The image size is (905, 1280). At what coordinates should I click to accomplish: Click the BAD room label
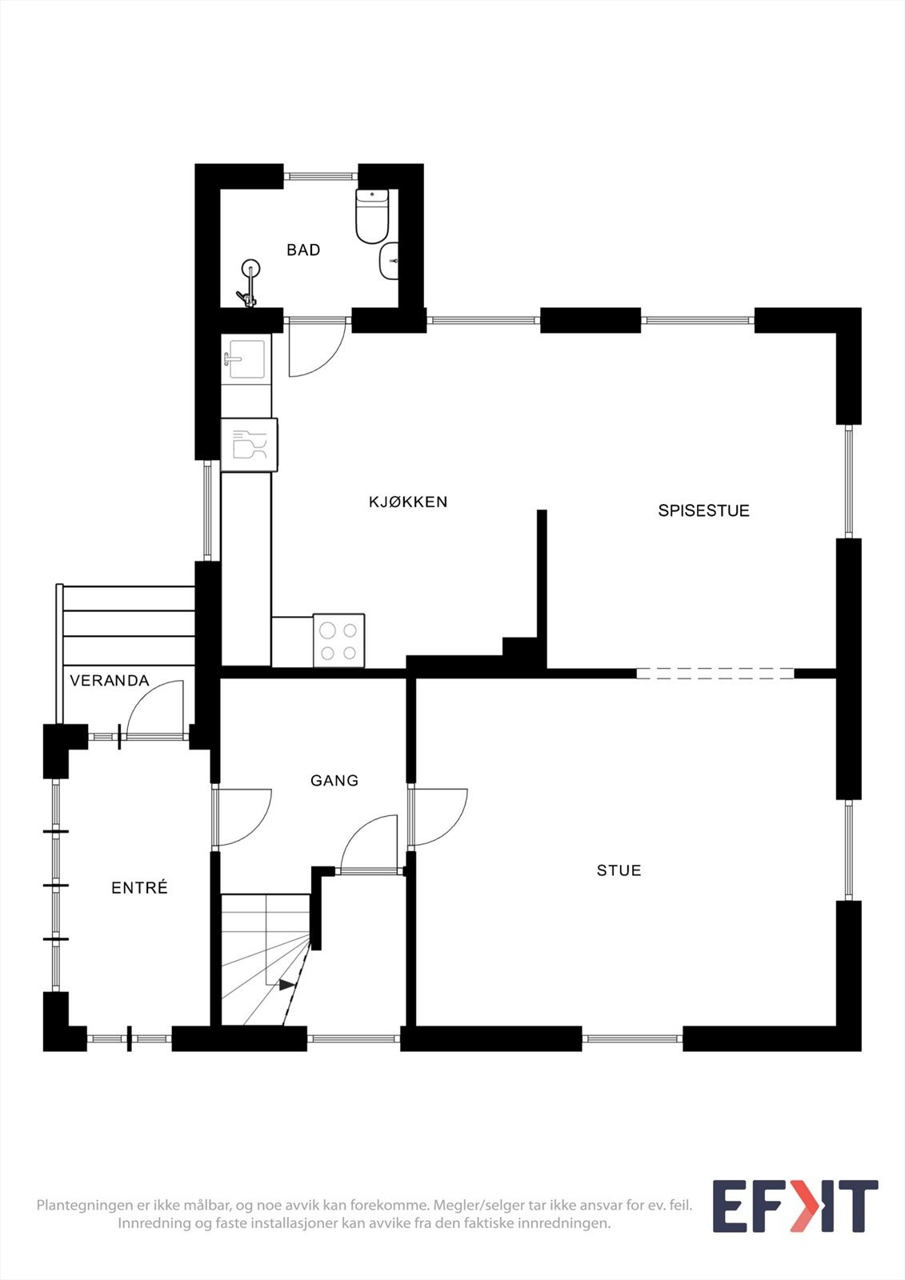click(x=303, y=250)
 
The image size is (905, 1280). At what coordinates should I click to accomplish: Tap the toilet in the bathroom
click(x=371, y=216)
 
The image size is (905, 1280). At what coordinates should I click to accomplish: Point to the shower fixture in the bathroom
click(x=250, y=285)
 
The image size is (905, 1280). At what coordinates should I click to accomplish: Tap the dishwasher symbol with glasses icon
click(x=249, y=445)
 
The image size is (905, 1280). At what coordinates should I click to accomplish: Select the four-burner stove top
click(x=338, y=641)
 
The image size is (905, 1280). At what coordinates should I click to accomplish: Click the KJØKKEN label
click(x=408, y=502)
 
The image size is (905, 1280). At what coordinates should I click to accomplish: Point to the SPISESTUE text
click(x=703, y=510)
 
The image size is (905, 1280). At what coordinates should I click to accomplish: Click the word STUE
click(x=619, y=870)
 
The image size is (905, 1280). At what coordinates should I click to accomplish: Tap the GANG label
click(x=334, y=780)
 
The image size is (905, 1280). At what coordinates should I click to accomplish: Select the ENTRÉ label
click(x=139, y=888)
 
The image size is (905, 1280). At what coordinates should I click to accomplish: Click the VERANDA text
click(x=110, y=681)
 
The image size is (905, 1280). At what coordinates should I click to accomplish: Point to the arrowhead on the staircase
click(x=286, y=985)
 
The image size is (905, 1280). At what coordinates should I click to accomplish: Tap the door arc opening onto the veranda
click(x=154, y=707)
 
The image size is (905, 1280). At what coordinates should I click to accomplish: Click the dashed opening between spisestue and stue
click(x=715, y=674)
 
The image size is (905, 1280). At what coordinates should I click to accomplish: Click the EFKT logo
click(x=795, y=1206)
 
